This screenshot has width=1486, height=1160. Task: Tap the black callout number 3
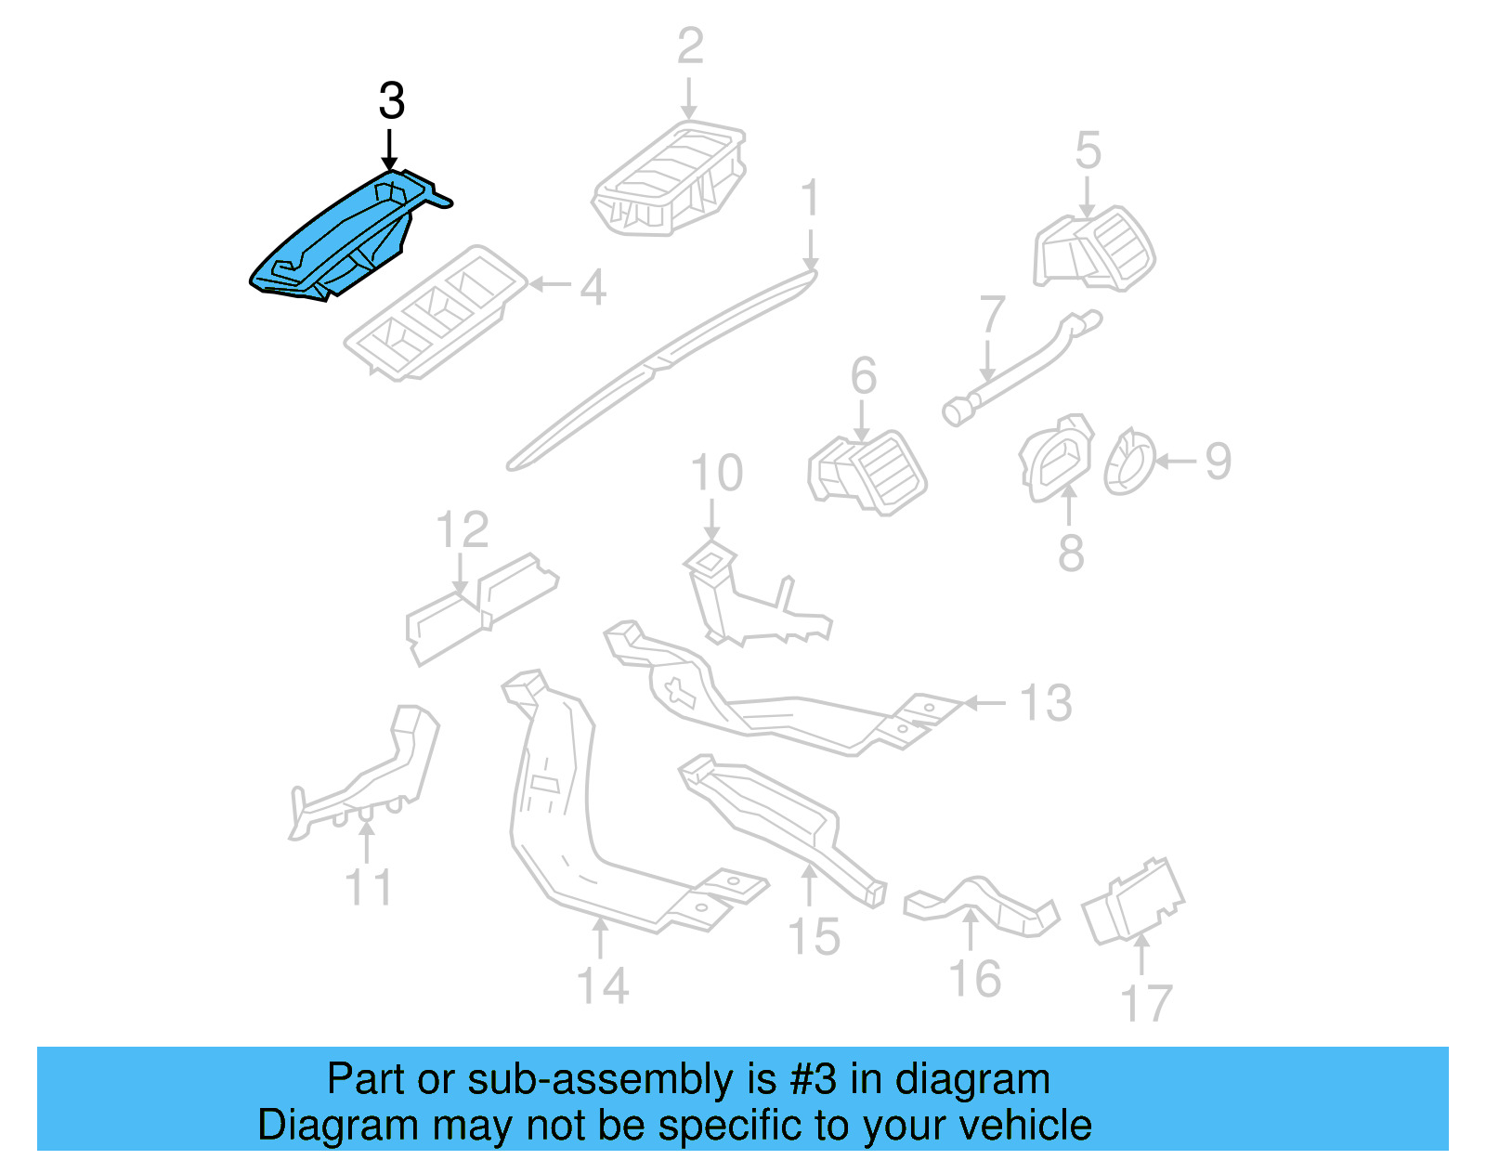click(x=391, y=101)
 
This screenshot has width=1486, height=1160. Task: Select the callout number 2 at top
click(x=690, y=46)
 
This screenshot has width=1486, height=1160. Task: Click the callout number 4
click(x=593, y=287)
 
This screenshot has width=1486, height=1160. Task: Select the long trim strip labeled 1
click(x=659, y=367)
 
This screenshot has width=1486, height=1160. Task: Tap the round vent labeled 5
click(x=1096, y=250)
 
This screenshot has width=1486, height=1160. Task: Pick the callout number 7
click(x=992, y=315)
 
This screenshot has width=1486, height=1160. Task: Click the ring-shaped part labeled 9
click(x=1128, y=462)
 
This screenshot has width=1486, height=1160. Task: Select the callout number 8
click(x=1071, y=553)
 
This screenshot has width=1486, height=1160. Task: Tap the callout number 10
click(x=716, y=474)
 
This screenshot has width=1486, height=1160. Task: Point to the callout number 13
click(x=1046, y=703)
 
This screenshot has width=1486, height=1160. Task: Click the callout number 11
click(x=369, y=887)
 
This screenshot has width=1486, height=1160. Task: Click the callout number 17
click(x=1146, y=1004)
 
